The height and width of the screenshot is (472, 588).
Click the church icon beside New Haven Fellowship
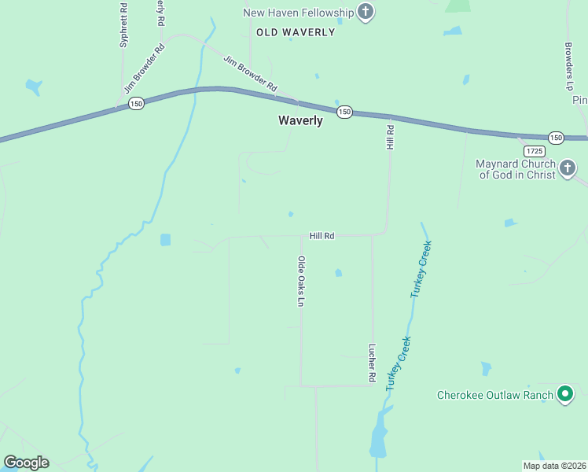[365, 12]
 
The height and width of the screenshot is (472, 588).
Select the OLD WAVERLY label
[296, 32]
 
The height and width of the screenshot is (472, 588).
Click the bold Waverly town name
[300, 120]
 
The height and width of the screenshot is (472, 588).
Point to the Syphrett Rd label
[123, 25]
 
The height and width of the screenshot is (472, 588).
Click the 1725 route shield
[535, 150]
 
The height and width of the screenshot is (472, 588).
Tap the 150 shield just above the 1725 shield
[556, 138]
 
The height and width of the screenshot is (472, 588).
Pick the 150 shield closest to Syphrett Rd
[137, 103]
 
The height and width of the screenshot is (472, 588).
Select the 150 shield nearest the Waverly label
[344, 112]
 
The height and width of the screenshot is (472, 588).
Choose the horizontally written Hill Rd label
[322, 235]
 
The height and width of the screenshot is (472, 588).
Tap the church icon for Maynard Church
[568, 168]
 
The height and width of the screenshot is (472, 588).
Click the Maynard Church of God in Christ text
[516, 169]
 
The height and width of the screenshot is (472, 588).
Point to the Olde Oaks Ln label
[300, 281]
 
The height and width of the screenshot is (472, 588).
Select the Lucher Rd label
[372, 363]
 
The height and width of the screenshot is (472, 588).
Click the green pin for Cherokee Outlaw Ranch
[564, 395]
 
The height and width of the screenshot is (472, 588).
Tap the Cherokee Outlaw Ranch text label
[494, 395]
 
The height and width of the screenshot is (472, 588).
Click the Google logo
[26, 463]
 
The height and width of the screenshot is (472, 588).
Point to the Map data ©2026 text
[554, 466]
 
